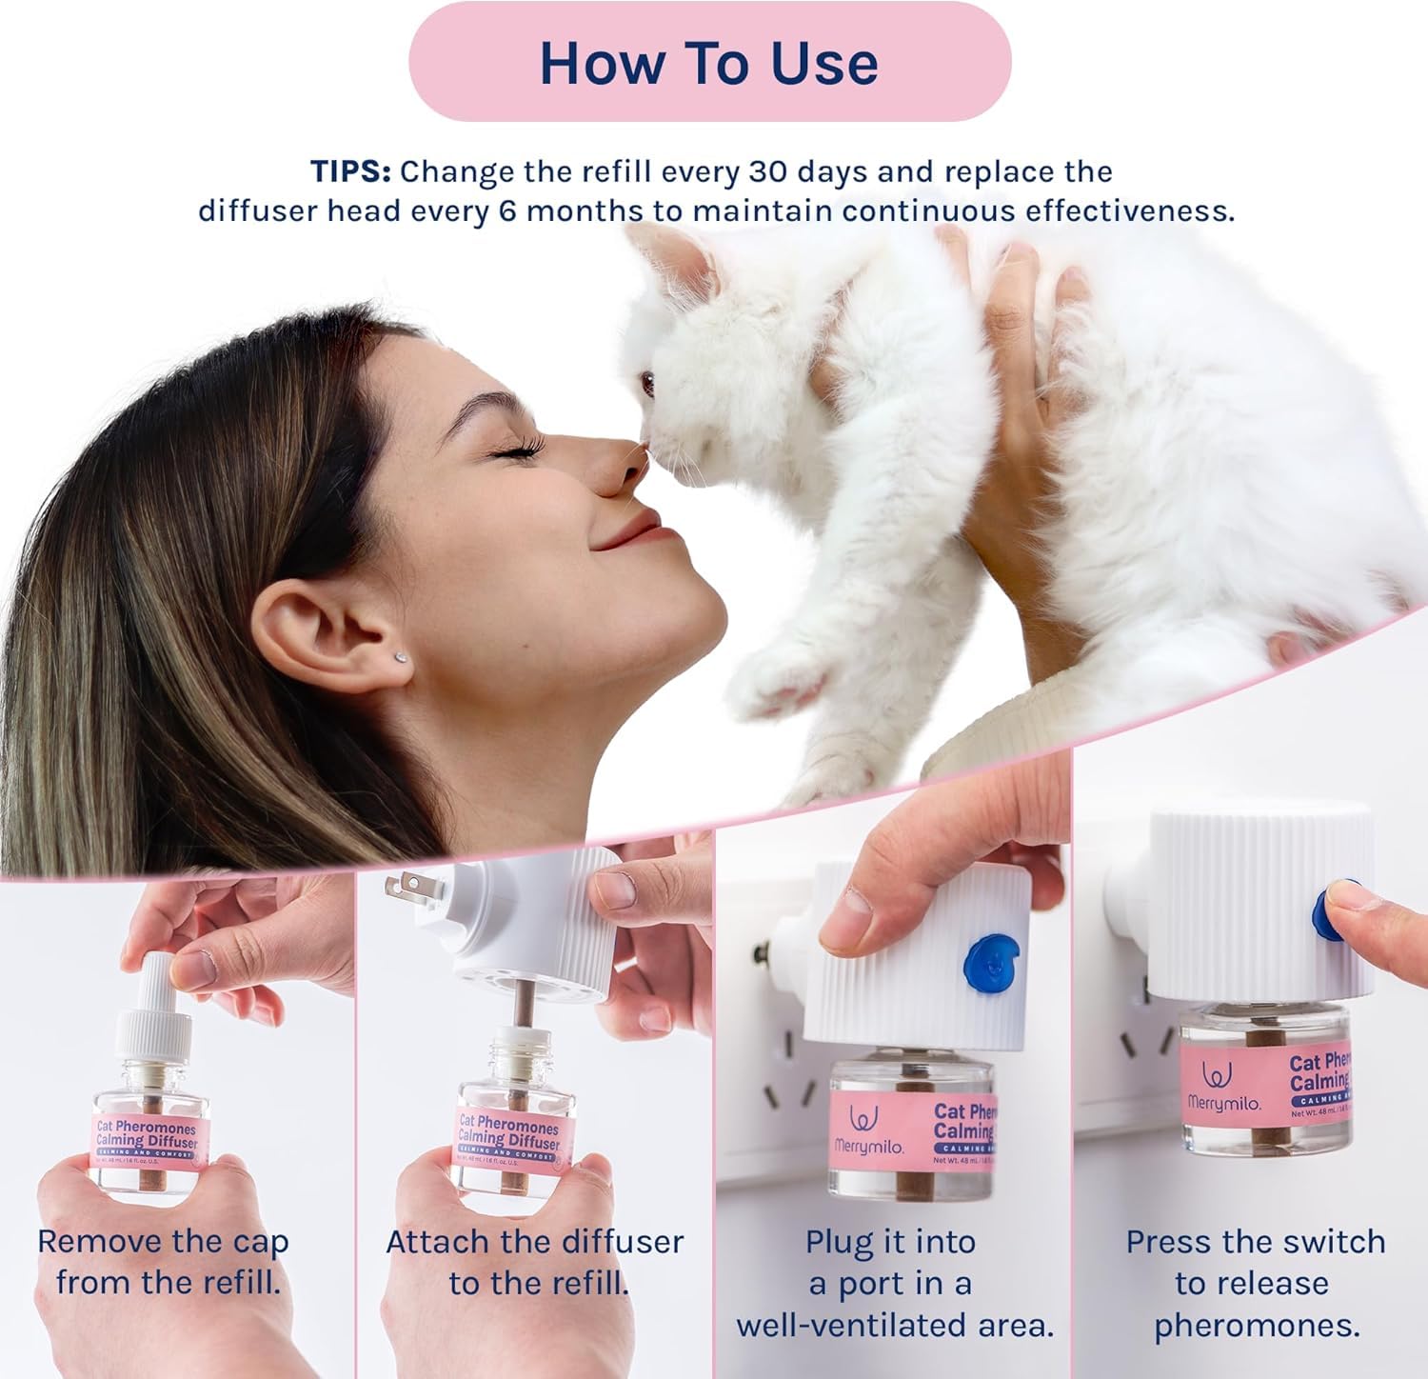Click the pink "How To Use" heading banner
pyautogui.click(x=709, y=63)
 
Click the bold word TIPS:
pyautogui.click(x=350, y=172)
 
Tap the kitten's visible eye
pyautogui.click(x=648, y=384)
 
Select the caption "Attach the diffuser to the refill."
pyautogui.click(x=535, y=1262)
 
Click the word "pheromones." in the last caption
pyautogui.click(x=1257, y=1326)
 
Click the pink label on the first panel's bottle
pyautogui.click(x=148, y=1136)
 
